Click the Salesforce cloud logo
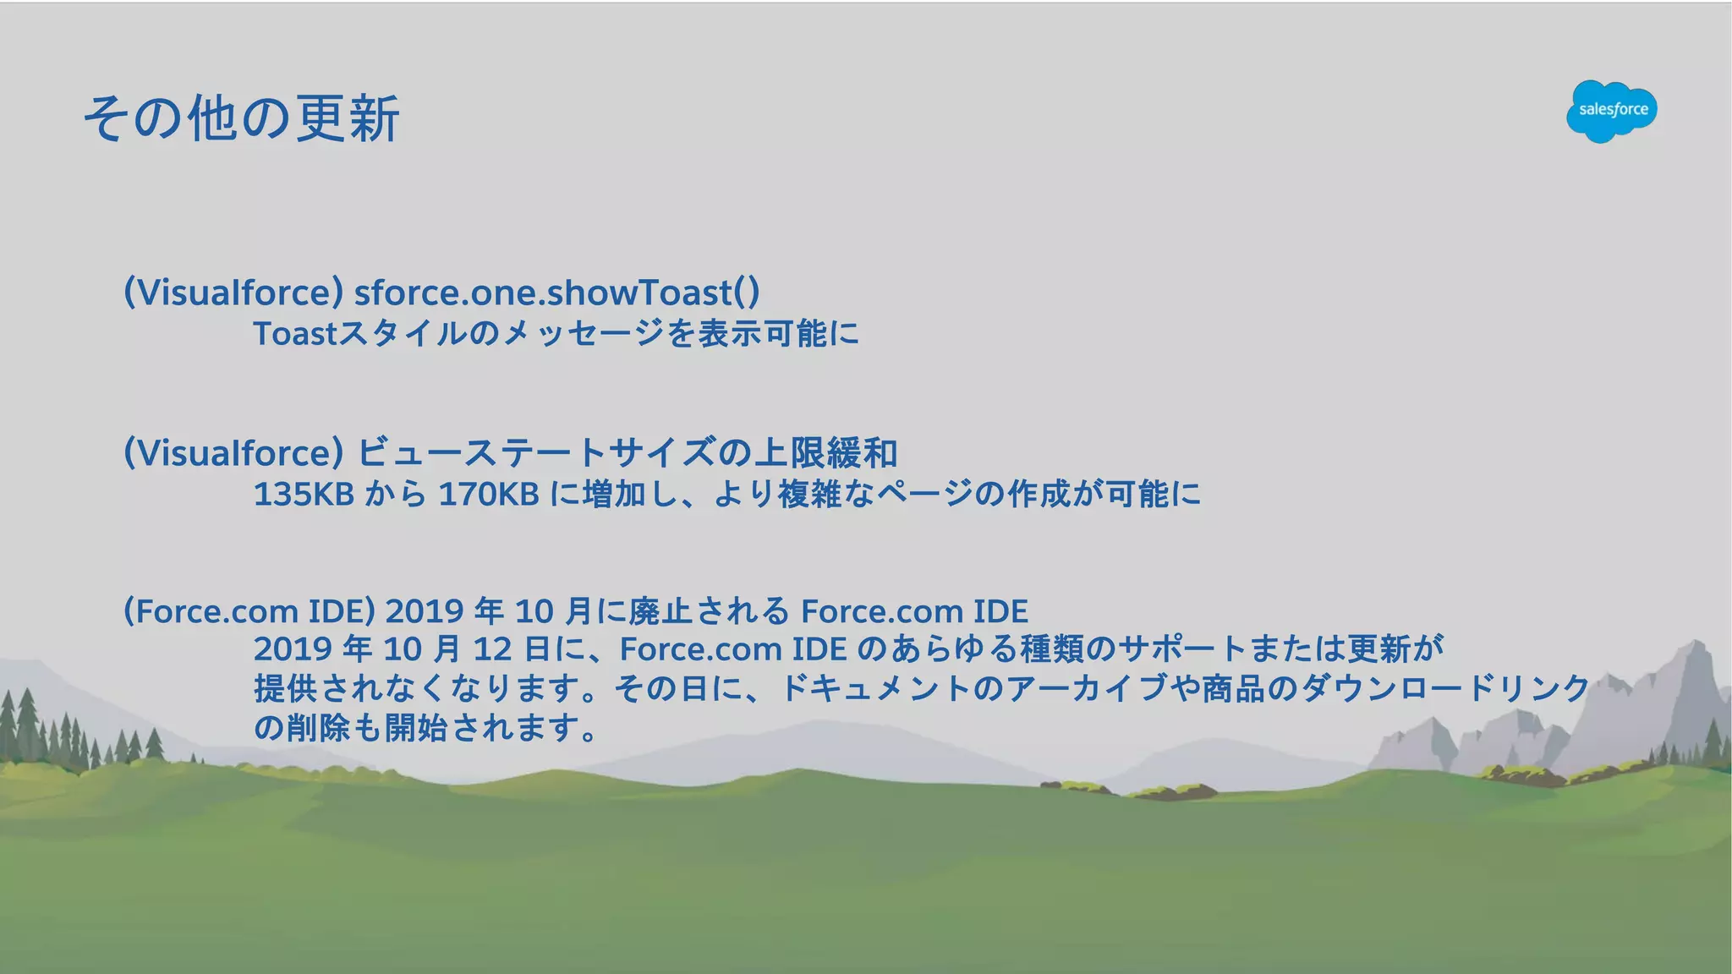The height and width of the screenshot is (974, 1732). click(1611, 111)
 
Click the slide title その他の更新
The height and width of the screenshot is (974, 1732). click(242, 118)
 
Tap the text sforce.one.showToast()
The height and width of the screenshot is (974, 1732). click(556, 293)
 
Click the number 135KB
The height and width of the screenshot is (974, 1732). click(304, 495)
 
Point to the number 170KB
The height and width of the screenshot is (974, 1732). click(489, 495)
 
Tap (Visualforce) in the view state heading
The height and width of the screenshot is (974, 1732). click(233, 453)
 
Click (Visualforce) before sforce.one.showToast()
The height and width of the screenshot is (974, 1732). click(233, 293)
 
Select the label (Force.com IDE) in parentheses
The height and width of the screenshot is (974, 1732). click(249, 611)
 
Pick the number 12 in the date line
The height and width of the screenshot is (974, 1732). click(492, 649)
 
